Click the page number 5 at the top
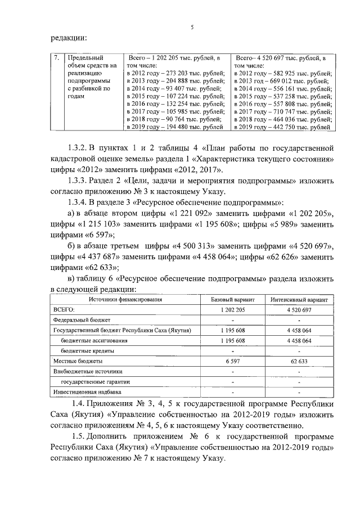[x=192, y=26]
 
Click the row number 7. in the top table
[x=56, y=57]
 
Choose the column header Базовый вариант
[x=232, y=300]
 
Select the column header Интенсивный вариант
[x=299, y=300]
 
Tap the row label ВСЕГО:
[x=64, y=309]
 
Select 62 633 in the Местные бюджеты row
[x=299, y=361]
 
